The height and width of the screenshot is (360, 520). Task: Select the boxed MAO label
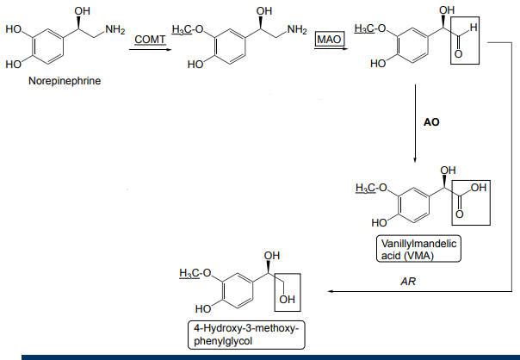pos(328,40)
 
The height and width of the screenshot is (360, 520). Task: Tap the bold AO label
pos(431,122)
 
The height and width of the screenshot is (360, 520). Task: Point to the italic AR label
pos(408,281)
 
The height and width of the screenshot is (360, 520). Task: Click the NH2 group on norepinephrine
pos(114,31)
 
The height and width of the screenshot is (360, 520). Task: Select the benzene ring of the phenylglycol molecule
pos(235,291)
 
